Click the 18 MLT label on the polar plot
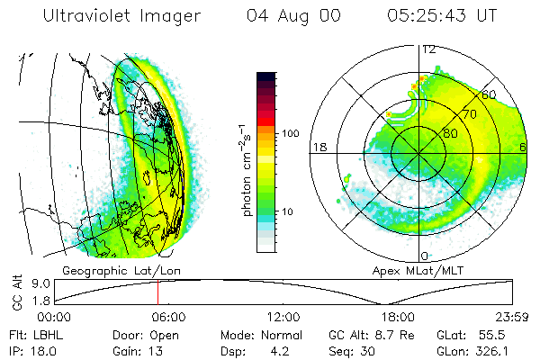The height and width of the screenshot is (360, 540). coord(319,147)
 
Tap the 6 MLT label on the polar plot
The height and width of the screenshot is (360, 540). coord(522,147)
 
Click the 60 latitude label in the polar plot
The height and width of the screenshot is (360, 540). coord(490,94)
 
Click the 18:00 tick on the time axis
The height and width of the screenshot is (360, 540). coord(398,317)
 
